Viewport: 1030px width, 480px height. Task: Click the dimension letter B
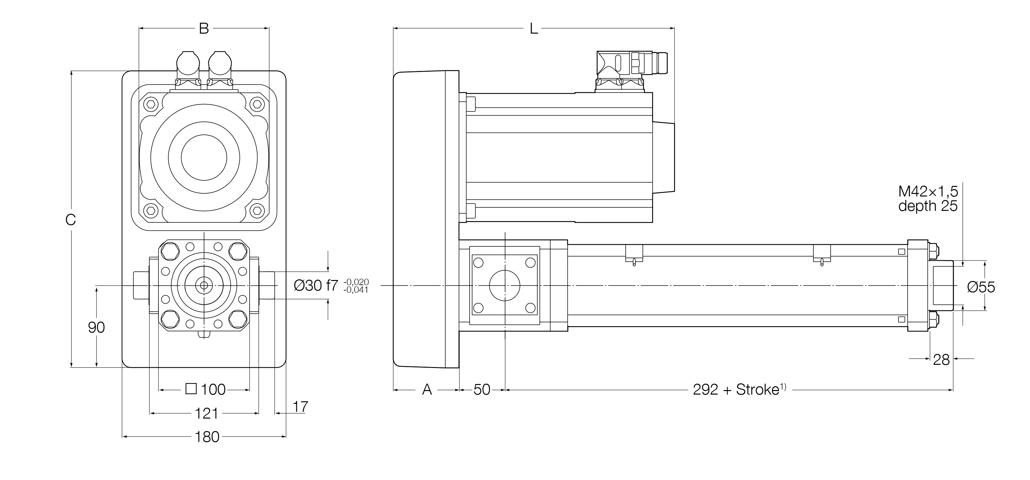tap(204, 29)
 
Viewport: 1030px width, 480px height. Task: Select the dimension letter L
tap(534, 29)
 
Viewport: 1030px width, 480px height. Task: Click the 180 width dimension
tap(207, 437)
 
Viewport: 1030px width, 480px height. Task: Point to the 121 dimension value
tap(206, 413)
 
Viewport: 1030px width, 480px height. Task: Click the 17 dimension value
tap(300, 407)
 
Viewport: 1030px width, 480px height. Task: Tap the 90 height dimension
tap(96, 327)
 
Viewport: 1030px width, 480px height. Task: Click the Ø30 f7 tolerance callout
tap(331, 285)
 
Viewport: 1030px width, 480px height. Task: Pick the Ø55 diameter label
tap(981, 287)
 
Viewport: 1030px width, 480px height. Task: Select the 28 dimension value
tap(941, 360)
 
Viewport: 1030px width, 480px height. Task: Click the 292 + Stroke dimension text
tap(739, 389)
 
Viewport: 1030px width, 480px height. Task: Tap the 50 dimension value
tap(482, 389)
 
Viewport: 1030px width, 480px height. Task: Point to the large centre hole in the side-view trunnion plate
tap(504, 285)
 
